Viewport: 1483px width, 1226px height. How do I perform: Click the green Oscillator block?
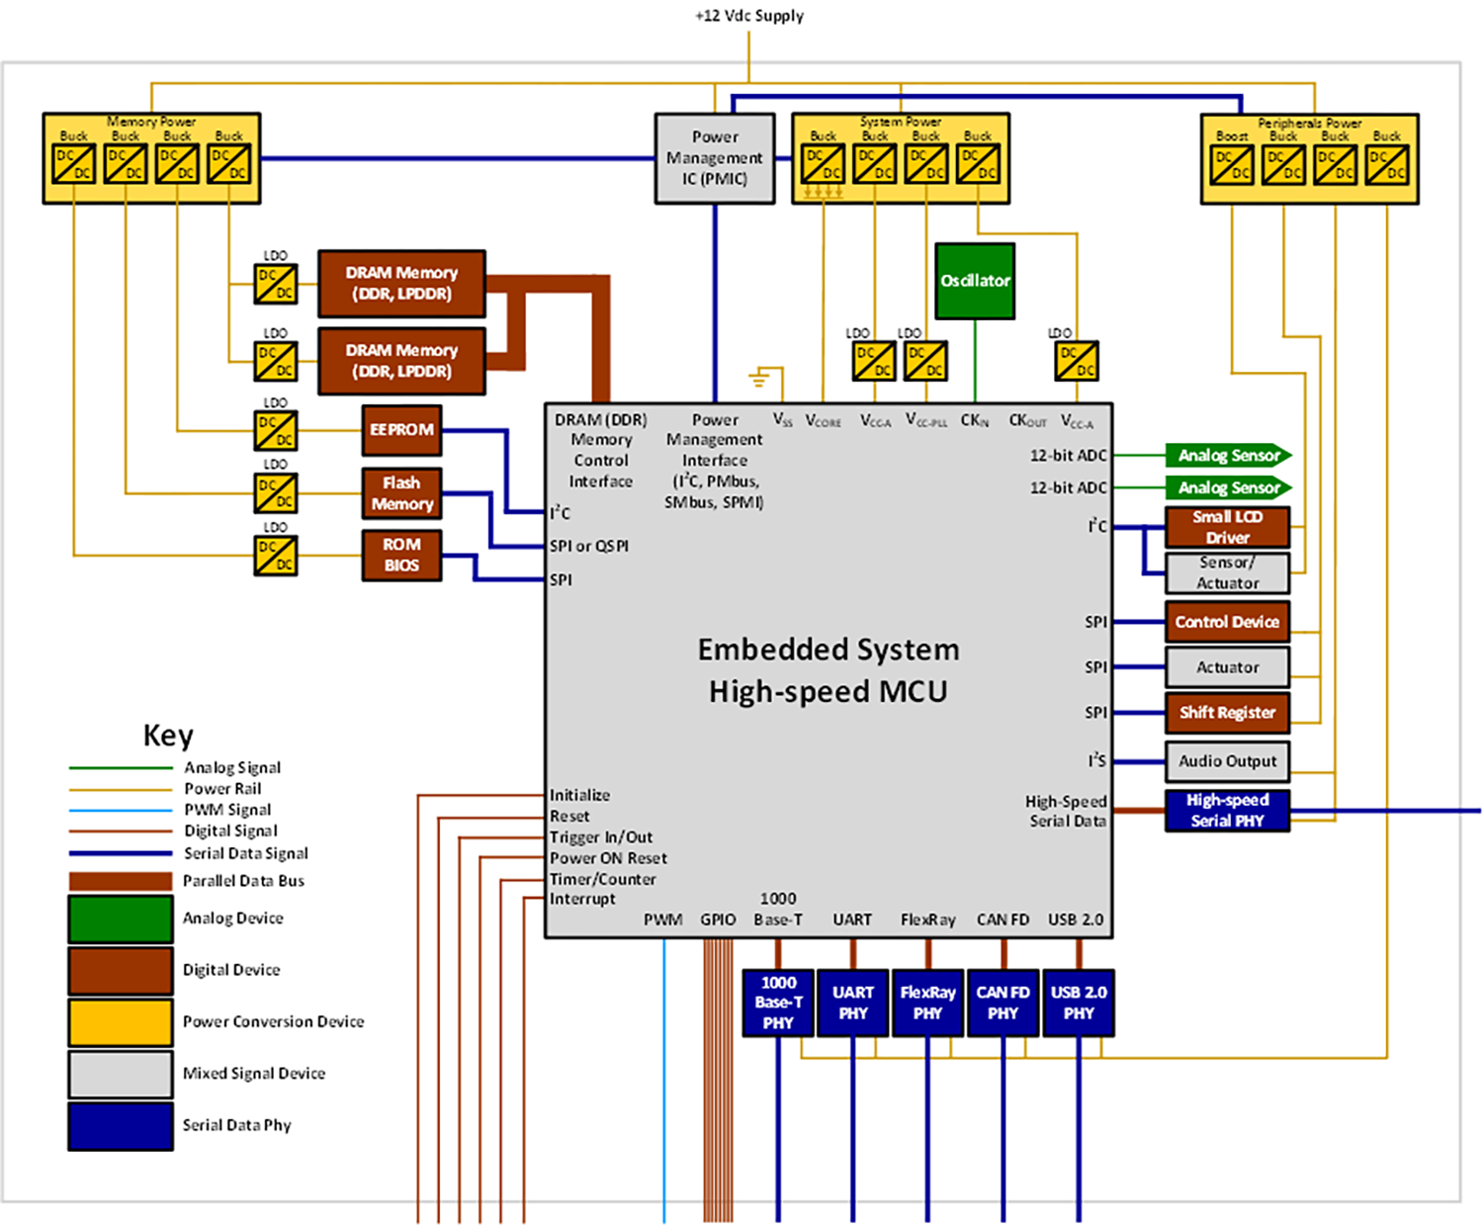click(975, 281)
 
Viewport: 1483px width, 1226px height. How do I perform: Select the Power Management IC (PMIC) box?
click(715, 158)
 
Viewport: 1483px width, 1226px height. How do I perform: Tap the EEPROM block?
click(401, 430)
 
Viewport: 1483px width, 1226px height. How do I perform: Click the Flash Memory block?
click(401, 493)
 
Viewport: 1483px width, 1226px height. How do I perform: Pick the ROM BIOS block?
click(401, 555)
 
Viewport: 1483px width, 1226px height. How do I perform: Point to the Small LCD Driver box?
click(1227, 527)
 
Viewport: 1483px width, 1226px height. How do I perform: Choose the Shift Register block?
click(1227, 713)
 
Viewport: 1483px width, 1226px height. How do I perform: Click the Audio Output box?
click(1227, 761)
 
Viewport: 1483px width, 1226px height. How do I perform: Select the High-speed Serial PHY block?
click(1227, 811)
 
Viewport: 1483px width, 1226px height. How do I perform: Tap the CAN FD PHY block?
click(1003, 1003)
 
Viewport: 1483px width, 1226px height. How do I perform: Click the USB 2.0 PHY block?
click(1079, 1003)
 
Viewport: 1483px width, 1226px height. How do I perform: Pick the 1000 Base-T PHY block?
click(778, 1003)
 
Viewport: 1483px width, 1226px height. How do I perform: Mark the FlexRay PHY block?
click(927, 1003)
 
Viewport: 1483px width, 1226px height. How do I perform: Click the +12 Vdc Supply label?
click(749, 16)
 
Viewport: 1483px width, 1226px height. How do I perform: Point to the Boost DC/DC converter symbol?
click(1232, 165)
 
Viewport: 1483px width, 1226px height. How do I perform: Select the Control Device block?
click(1227, 622)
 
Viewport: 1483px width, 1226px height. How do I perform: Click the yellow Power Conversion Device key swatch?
click(121, 1021)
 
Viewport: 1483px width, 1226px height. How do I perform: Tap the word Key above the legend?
click(168, 736)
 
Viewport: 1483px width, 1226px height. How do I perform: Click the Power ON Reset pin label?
click(608, 858)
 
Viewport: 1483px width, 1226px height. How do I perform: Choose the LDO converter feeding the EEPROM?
click(276, 430)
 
